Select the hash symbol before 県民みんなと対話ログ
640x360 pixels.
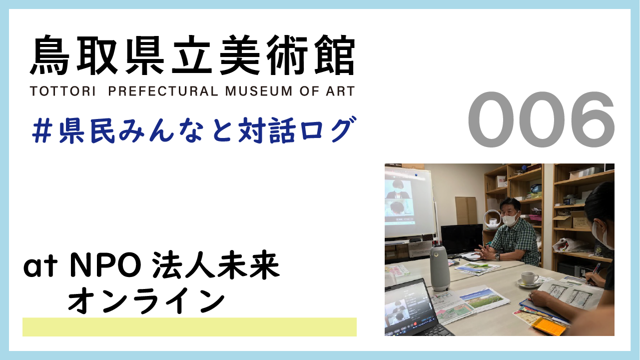(43, 129)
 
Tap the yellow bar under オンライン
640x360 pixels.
(189, 327)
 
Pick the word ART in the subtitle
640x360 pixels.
(340, 91)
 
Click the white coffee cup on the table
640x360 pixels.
(528, 278)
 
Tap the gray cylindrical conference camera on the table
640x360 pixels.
(440, 267)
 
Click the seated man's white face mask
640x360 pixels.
(510, 218)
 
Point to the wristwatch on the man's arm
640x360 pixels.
(498, 256)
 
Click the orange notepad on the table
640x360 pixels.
(549, 326)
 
